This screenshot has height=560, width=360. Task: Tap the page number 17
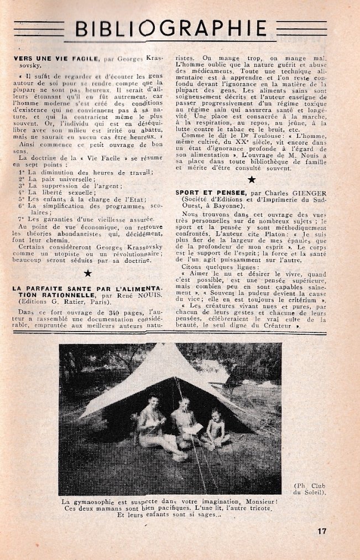tap(322, 531)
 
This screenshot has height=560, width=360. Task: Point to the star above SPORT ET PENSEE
tap(252, 179)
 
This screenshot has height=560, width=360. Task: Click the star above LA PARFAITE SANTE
tap(87, 273)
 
